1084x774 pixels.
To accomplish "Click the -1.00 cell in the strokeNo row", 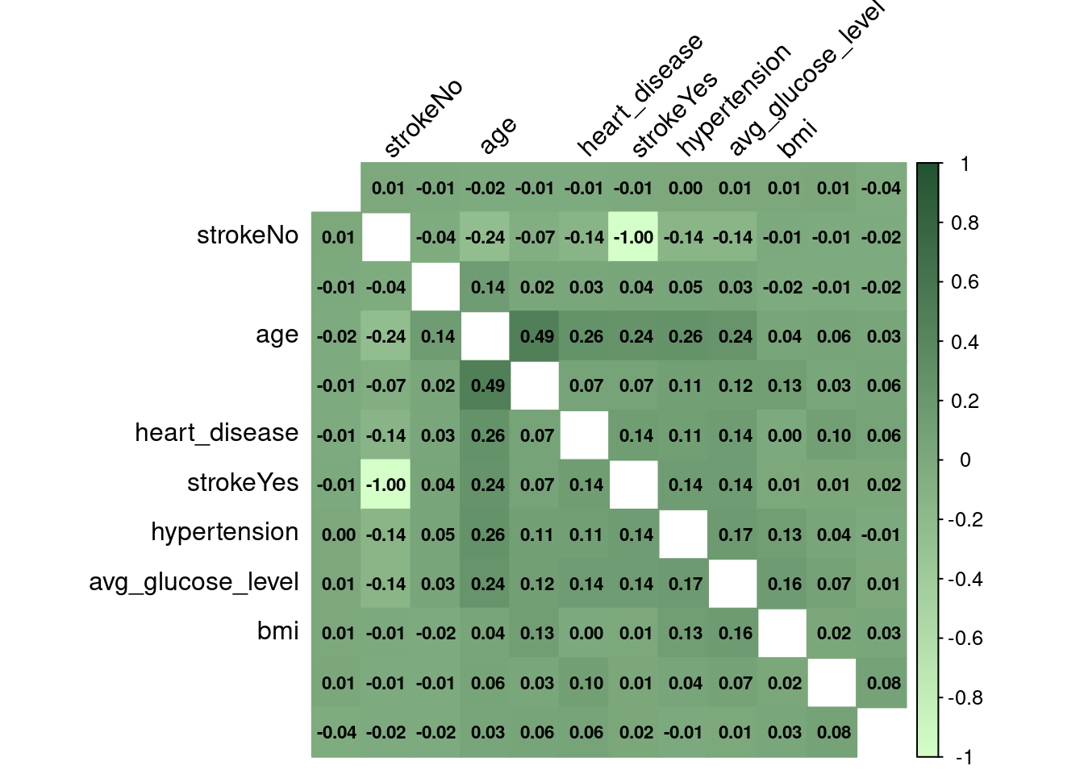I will (633, 237).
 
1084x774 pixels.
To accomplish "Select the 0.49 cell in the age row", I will (536, 336).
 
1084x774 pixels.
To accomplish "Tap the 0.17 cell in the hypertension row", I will (735, 535).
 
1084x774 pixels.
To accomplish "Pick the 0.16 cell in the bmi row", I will (735, 634).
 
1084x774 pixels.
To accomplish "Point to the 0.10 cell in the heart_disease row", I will (833, 435).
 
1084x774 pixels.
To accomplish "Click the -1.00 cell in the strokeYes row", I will (386, 485).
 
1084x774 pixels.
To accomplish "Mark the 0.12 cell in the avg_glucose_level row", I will (536, 584).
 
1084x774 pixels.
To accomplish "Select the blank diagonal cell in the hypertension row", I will (685, 535).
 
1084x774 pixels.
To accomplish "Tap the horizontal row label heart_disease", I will (216, 433).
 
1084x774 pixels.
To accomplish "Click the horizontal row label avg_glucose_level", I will (194, 582).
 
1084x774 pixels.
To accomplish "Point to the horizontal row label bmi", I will (277, 630).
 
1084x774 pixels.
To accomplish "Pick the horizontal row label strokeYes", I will (243, 483).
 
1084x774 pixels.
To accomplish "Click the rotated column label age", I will (498, 135).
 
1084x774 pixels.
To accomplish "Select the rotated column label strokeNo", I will (423, 118).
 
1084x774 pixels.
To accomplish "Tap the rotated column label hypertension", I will (733, 100).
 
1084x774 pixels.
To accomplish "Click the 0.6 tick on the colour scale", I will (965, 282).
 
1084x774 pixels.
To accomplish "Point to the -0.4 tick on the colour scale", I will (965, 579).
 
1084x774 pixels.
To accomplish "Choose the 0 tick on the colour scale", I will (965, 460).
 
